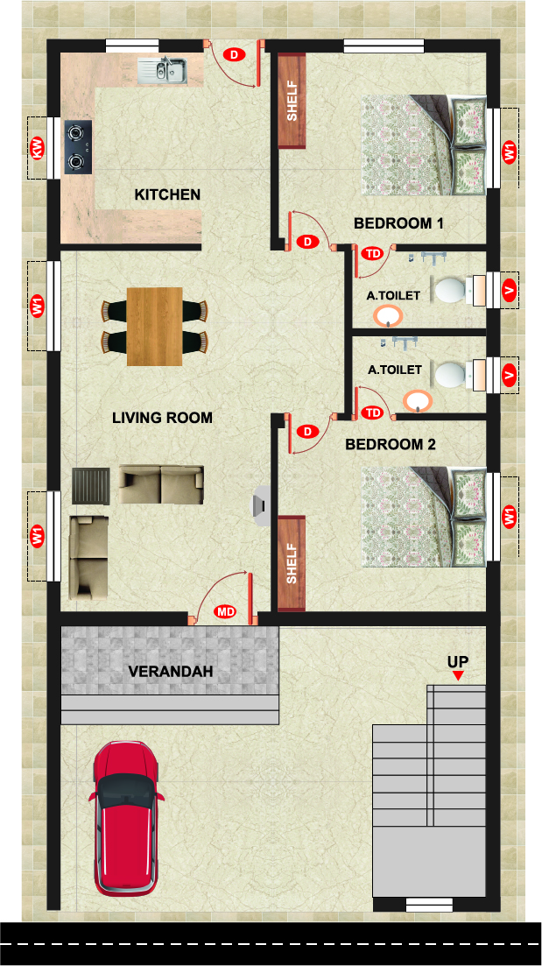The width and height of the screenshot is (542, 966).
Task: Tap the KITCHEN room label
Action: (167, 194)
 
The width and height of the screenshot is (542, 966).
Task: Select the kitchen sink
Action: (162, 69)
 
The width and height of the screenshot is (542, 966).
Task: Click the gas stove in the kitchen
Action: (78, 147)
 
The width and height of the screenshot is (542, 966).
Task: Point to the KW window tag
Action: (38, 148)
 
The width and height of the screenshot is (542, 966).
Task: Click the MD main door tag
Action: (225, 612)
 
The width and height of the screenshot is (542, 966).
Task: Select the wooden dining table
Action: (155, 327)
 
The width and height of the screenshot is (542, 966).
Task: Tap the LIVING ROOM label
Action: (162, 418)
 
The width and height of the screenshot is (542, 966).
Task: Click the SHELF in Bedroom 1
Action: (292, 101)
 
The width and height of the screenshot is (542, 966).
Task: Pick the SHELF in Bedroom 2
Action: (292, 563)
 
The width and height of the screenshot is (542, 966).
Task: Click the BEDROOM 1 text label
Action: (398, 223)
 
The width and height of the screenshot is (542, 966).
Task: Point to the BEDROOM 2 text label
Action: (391, 444)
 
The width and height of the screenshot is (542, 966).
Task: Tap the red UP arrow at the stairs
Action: (458, 676)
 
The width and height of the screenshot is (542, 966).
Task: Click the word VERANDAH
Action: (171, 672)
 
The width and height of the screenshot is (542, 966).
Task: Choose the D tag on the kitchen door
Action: (234, 54)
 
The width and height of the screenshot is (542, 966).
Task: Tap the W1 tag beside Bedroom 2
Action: (510, 516)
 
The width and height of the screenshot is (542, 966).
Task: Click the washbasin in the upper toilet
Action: (388, 317)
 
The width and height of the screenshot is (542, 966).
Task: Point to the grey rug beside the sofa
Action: (90, 486)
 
